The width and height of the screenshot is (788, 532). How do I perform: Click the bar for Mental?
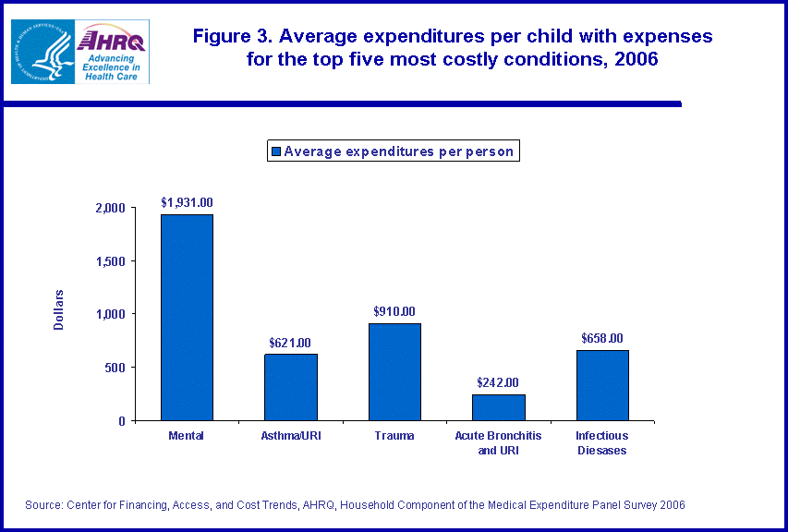[187, 317]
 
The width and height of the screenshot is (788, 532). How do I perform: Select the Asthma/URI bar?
[291, 387]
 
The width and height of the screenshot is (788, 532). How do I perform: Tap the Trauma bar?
[394, 371]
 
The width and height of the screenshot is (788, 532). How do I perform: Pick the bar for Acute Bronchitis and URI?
[498, 407]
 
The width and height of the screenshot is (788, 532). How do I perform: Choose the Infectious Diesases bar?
[602, 385]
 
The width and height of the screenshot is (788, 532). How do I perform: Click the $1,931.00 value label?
[187, 201]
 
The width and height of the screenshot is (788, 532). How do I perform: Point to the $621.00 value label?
[291, 343]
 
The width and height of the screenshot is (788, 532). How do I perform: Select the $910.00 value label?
[394, 311]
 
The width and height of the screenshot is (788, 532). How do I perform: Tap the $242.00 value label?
[498, 382]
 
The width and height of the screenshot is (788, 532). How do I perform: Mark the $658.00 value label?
[602, 338]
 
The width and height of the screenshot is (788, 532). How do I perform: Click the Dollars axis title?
[59, 310]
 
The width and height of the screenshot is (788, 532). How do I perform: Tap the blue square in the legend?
[275, 151]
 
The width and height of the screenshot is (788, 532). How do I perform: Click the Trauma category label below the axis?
[394, 435]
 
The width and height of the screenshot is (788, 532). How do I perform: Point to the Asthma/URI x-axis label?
[291, 435]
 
